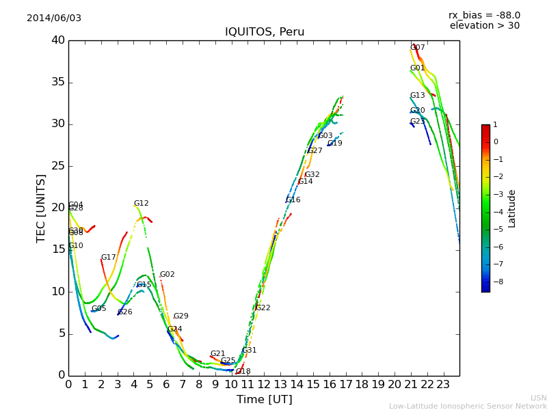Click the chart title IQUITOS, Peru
[265, 32]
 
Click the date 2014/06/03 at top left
[54, 18]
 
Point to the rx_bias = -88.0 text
[484, 15]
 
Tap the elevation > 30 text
[484, 26]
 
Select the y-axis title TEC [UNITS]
[41, 208]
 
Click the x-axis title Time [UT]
[264, 399]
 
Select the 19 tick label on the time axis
[378, 384]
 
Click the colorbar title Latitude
[511, 208]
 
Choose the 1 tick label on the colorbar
[495, 125]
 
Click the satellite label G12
[141, 204]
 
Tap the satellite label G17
[109, 258]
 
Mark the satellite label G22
[263, 308]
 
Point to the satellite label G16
[293, 200]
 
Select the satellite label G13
[417, 96]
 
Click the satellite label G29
[181, 316]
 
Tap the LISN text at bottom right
[538, 398]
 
